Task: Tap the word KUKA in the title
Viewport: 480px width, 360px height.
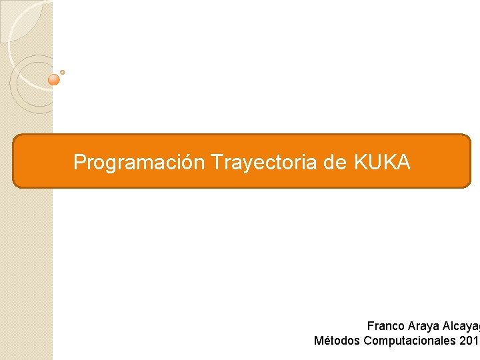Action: coord(383,162)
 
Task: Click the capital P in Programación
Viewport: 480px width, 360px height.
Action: coord(79,162)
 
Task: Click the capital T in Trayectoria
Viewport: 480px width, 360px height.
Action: coord(215,162)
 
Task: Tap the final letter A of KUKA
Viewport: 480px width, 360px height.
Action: coord(404,162)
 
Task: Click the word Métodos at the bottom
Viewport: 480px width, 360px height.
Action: coord(337,341)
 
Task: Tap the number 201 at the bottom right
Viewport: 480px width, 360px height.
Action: coord(469,341)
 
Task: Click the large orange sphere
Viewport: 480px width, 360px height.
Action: coord(55,79)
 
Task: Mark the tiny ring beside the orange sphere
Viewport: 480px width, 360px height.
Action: coord(62,72)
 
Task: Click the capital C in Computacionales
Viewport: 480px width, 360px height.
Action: coord(368,341)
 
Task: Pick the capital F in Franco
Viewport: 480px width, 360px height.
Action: coord(370,326)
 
